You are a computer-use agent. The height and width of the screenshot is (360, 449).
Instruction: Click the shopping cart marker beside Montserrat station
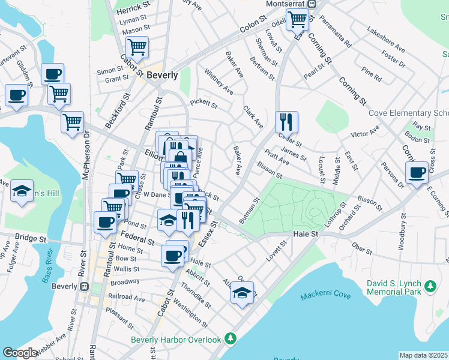298,20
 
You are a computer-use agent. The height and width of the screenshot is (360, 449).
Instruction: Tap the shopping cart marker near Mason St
137,47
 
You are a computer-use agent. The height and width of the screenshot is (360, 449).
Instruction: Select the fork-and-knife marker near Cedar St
286,122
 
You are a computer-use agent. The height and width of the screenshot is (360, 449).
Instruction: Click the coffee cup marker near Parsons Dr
417,173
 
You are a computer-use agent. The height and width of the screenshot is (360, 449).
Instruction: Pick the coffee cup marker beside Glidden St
16,95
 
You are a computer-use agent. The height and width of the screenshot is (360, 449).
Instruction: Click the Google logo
20,353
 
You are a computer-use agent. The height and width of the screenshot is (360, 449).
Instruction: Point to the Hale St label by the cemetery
305,234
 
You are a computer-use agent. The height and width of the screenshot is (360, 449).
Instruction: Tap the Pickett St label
203,104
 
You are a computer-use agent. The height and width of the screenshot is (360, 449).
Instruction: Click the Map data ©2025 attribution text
423,355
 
